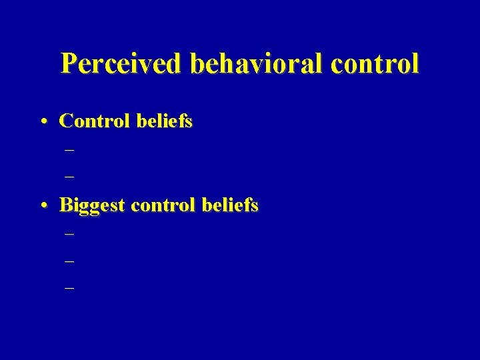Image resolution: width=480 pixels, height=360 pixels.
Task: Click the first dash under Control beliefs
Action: tap(69, 150)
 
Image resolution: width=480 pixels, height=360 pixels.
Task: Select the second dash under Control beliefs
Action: tap(69, 178)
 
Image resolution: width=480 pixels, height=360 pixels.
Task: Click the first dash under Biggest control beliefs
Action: tap(69, 234)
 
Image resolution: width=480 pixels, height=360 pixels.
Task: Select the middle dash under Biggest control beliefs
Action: tap(69, 261)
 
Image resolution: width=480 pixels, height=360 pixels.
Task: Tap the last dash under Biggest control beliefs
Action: tap(69, 289)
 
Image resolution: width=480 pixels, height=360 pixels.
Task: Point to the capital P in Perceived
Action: tap(69, 64)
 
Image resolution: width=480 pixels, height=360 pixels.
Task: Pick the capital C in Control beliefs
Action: tap(66, 121)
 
